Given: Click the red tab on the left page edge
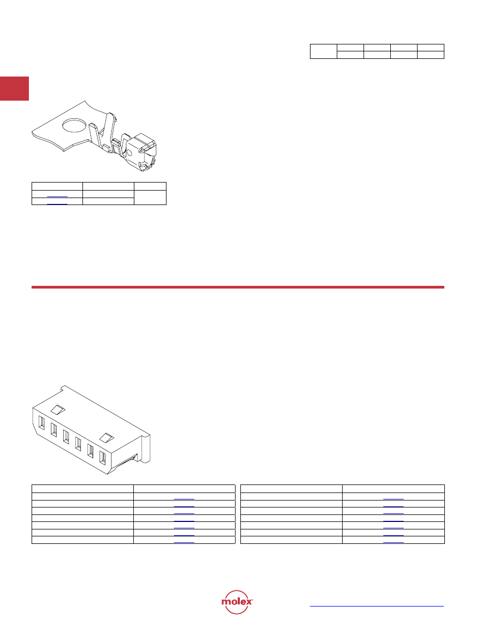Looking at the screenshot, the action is [14, 88].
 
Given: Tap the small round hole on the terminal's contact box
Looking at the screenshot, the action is [129, 153].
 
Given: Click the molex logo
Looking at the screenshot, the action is [237, 602].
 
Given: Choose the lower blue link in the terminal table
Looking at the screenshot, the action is [57, 204].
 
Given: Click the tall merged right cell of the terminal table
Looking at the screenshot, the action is [150, 198].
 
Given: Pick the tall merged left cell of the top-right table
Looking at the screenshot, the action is [323, 51].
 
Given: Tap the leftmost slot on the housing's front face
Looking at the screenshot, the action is [41, 423].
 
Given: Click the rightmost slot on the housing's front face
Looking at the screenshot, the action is [102, 459].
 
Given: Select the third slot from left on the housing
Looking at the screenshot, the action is [66, 437].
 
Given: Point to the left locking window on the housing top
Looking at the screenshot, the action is [58, 409].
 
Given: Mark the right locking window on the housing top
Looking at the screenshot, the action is [107, 437].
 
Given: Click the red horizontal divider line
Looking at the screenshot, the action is [238, 287].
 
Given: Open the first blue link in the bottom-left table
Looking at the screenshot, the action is [184, 499].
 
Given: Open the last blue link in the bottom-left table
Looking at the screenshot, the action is [184, 542].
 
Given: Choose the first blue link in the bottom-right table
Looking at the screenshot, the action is [393, 499].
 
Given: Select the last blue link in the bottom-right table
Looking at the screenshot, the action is [393, 542].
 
